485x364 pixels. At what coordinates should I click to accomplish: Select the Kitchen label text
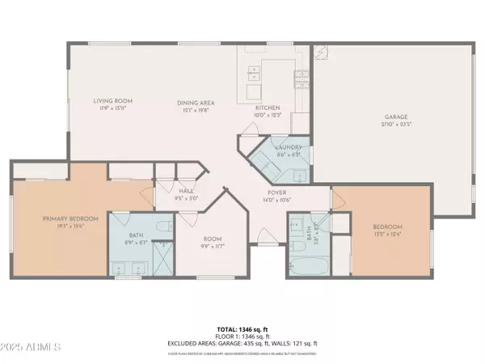(x=267, y=108)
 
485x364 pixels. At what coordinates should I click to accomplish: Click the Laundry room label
(x=288, y=147)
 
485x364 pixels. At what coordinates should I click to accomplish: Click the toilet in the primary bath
(x=162, y=226)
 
